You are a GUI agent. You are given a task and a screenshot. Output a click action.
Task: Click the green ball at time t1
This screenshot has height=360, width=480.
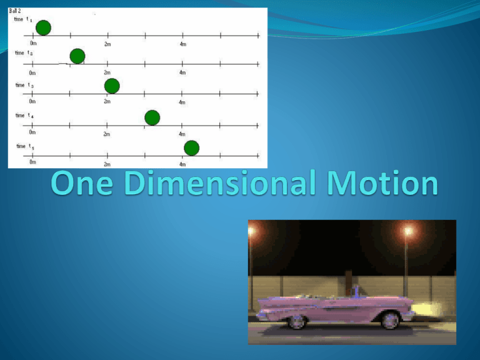(43, 27)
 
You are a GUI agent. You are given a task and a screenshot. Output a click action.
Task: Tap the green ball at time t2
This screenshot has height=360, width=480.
(77, 56)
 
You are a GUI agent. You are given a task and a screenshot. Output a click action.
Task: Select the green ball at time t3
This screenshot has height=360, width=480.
(112, 86)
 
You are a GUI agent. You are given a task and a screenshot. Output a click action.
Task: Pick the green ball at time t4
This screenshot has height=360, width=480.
(152, 117)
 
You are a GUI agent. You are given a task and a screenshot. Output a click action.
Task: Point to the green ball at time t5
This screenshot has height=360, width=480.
(191, 147)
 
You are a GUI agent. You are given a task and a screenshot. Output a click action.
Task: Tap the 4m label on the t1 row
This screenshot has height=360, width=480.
(182, 44)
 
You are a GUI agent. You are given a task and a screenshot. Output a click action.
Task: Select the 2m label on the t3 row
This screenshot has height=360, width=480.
(107, 101)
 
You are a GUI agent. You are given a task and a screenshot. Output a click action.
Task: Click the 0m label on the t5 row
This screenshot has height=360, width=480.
(32, 162)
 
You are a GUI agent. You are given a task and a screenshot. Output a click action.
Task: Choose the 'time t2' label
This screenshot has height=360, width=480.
(24, 53)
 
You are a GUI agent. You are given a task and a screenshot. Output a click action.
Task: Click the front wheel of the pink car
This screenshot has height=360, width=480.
(390, 320)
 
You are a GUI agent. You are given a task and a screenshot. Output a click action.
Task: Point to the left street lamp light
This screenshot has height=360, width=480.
(251, 230)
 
